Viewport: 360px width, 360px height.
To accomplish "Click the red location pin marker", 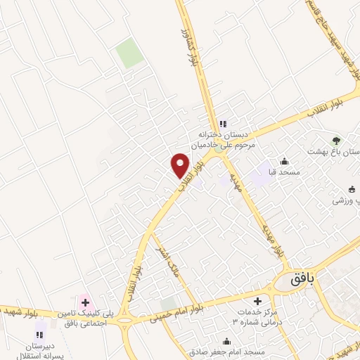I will pos(181,165).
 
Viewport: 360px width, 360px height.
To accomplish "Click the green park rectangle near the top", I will pos(130,53).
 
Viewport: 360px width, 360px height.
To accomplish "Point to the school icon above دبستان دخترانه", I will pos(223,124).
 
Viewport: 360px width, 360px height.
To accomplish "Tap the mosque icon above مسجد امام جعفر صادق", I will pos(225,342).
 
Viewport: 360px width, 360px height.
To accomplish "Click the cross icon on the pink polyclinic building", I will pos(85,303).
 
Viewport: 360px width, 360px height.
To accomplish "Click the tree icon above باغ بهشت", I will pos(335,141).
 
